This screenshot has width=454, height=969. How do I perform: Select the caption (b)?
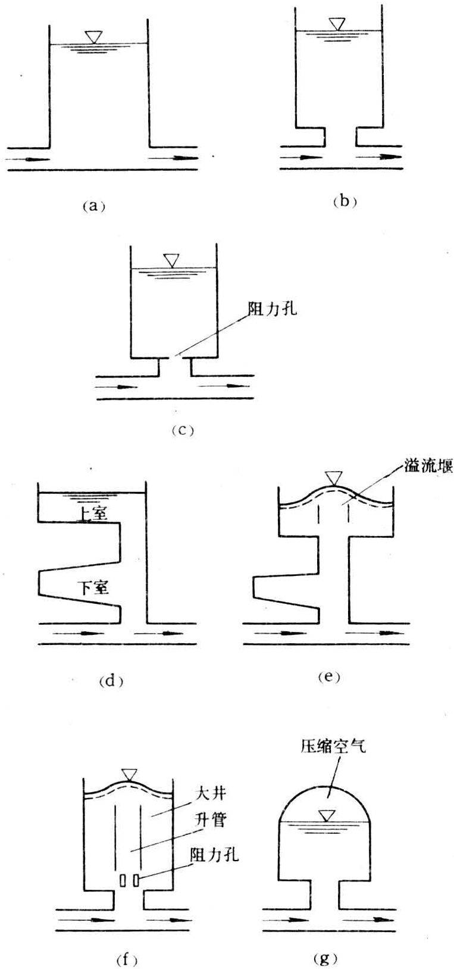click(x=345, y=201)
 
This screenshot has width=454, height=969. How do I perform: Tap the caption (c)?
click(x=183, y=431)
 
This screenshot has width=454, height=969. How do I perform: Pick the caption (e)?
click(x=329, y=677)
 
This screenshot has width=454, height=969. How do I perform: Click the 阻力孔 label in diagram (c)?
click(x=273, y=309)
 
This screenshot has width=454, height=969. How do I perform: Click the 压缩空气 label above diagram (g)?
click(x=333, y=746)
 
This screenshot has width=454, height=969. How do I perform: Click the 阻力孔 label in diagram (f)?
click(x=214, y=855)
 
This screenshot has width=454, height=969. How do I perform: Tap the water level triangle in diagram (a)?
click(x=93, y=37)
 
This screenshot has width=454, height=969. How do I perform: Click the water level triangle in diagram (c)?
click(x=171, y=261)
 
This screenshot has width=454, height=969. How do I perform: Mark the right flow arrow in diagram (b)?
click(x=380, y=157)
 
